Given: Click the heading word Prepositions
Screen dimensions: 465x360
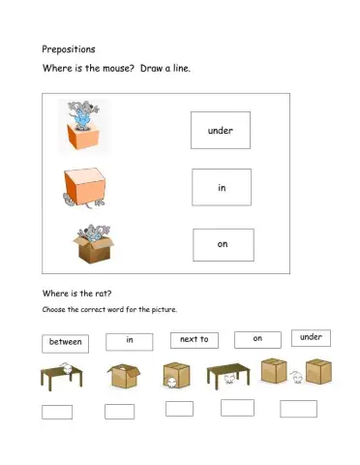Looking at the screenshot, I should pyautogui.click(x=67, y=48).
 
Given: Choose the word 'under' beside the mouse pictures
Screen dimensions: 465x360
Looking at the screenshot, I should pyautogui.click(x=221, y=130).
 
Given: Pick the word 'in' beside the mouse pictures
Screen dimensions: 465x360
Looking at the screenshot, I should pyautogui.click(x=222, y=187).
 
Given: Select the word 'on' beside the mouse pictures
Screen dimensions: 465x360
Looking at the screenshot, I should pyautogui.click(x=223, y=244).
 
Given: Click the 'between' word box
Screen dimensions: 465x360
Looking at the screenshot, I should pyautogui.click(x=65, y=342).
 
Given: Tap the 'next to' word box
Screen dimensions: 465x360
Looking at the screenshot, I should pyautogui.click(x=194, y=340).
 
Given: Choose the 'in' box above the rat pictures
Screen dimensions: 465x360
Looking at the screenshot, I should pyautogui.click(x=129, y=340).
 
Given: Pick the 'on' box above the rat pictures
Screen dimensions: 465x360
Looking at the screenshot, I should pyautogui.click(x=257, y=338).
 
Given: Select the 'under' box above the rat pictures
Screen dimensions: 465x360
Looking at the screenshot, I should pyautogui.click(x=311, y=337).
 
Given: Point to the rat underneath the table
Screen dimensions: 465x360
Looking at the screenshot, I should pyautogui.click(x=228, y=380).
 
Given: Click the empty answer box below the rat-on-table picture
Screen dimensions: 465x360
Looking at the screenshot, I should pyautogui.click(x=57, y=412).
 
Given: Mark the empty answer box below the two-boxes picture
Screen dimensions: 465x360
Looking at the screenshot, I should pyautogui.click(x=298, y=409).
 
